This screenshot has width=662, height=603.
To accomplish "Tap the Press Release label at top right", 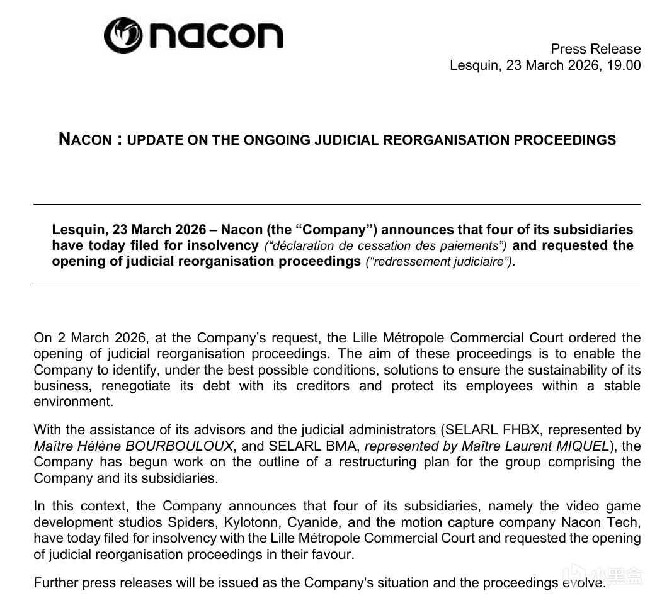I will coord(595,49).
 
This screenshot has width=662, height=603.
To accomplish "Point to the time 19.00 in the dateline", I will coord(624,65).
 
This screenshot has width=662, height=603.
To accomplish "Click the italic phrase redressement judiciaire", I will coord(439,262).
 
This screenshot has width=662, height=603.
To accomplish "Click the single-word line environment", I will coord(73,402).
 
